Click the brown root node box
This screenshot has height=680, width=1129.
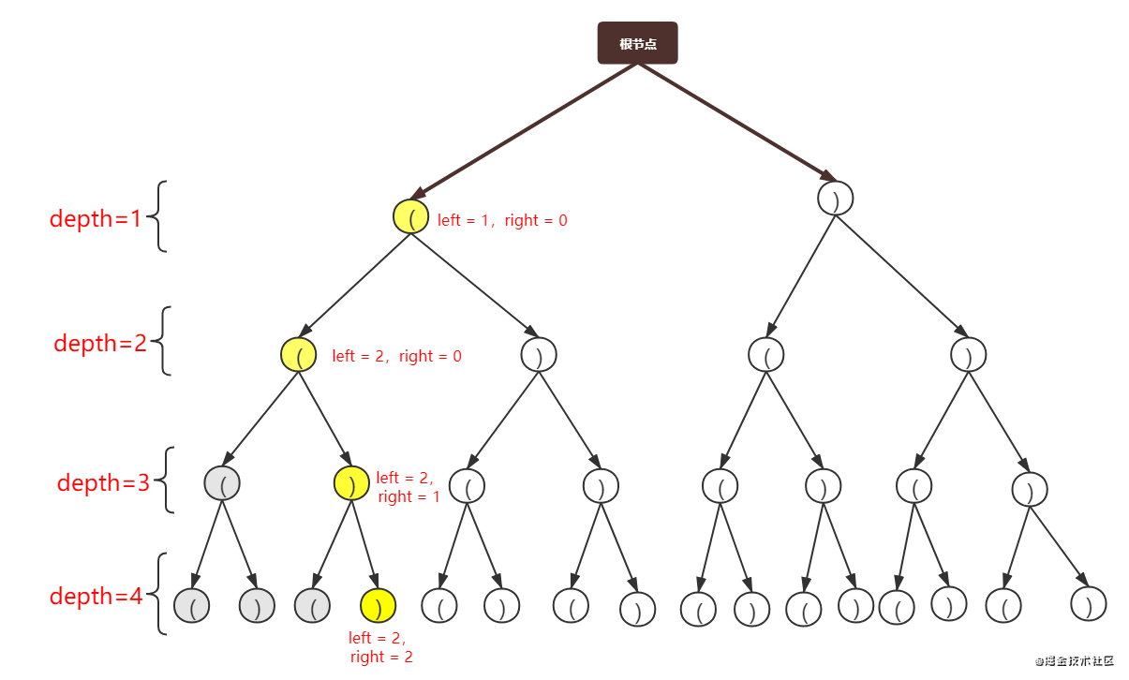click(x=637, y=43)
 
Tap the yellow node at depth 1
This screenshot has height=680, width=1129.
click(x=410, y=216)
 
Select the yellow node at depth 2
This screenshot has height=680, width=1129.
click(x=299, y=354)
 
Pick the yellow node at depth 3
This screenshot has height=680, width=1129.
click(x=351, y=482)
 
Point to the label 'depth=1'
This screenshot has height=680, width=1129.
click(x=95, y=218)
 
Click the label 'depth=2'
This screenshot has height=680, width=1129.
click(x=100, y=343)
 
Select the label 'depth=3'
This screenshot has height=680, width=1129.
click(x=103, y=482)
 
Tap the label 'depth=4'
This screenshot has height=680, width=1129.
click(x=96, y=596)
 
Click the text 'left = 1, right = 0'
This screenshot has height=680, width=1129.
click(x=502, y=220)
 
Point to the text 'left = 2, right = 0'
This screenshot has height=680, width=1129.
click(x=397, y=356)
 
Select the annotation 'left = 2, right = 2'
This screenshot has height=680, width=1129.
click(x=379, y=647)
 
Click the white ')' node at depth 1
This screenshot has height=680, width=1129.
click(x=836, y=198)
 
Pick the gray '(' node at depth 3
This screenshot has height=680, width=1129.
click(x=222, y=482)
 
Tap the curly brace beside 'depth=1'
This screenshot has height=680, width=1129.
click(x=160, y=216)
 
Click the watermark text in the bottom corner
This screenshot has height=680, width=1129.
click(x=1074, y=659)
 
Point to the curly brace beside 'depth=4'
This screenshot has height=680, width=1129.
click(x=160, y=594)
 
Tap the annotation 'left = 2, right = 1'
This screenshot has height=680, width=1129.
click(x=408, y=487)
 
